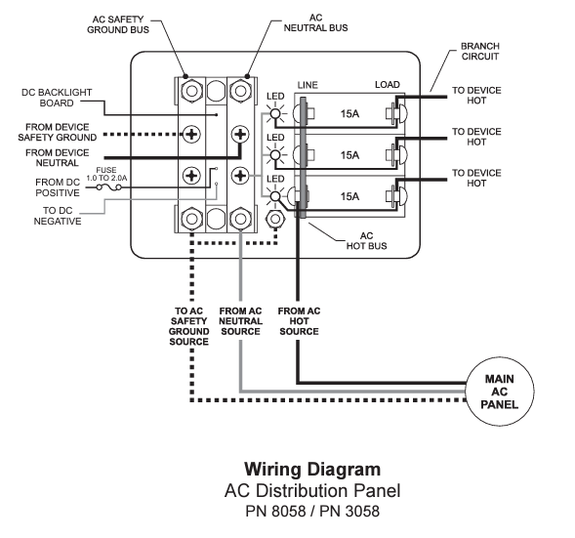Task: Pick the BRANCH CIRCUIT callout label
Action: pyautogui.click(x=481, y=51)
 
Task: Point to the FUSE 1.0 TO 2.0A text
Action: pyautogui.click(x=106, y=175)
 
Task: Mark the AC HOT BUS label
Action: pyautogui.click(x=371, y=241)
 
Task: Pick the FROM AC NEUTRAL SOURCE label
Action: pyautogui.click(x=240, y=321)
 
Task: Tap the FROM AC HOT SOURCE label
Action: pyautogui.click(x=299, y=321)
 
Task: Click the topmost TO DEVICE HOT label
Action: pyautogui.click(x=476, y=97)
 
